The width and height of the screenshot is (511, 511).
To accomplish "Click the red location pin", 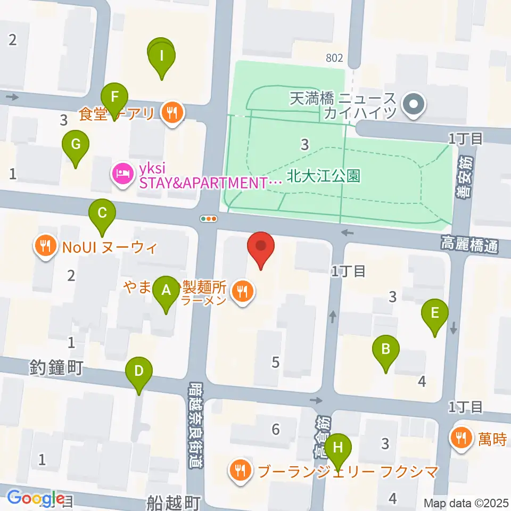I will [x=261, y=249].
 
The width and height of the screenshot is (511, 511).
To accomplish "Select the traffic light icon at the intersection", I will [x=209, y=218].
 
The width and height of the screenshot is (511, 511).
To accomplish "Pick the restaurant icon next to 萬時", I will [x=459, y=438].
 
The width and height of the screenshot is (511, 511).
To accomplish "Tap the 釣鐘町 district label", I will [x=56, y=367].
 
